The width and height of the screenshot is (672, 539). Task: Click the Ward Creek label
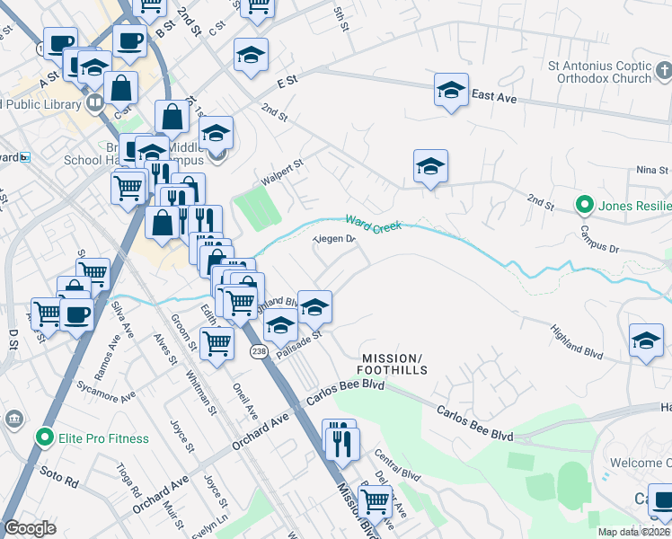coord(373,222)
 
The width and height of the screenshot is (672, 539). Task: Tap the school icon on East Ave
coord(451,90)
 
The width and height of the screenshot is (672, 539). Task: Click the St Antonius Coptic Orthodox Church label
coord(599,72)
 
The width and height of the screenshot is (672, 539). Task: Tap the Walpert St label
coord(283,171)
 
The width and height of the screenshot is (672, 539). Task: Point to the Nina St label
coord(652,170)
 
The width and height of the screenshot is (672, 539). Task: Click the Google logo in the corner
coord(31,528)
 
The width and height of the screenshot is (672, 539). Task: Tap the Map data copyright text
coord(633,532)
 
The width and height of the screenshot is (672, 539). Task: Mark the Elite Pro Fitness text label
coord(104,438)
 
